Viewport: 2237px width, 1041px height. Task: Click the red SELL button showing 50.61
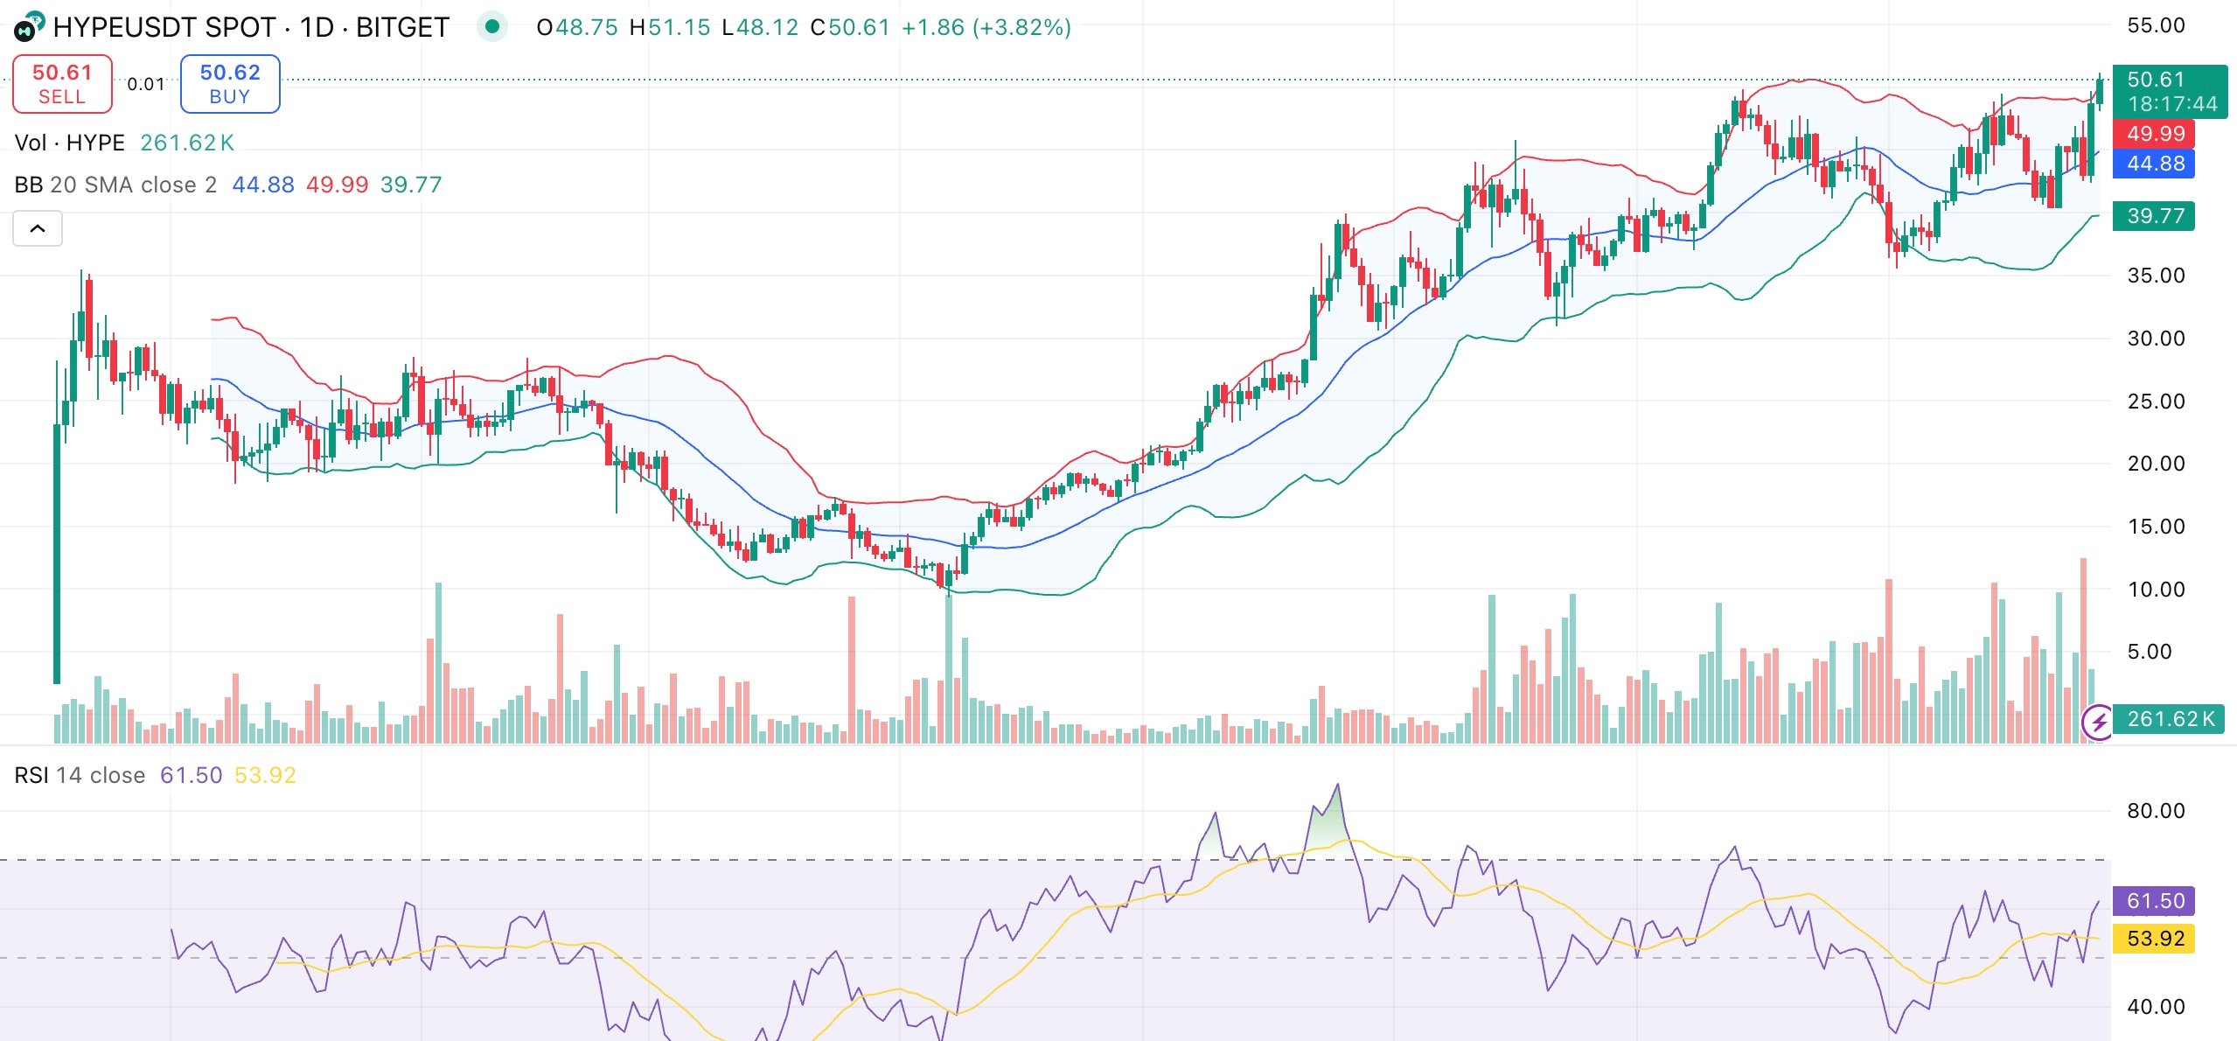[x=62, y=84]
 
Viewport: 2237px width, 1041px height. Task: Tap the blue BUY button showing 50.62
[x=230, y=84]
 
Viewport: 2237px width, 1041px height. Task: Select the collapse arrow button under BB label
[x=38, y=228]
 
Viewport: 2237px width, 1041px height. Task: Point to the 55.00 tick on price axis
[x=2155, y=25]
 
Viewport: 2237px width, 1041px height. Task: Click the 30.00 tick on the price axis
[x=2155, y=339]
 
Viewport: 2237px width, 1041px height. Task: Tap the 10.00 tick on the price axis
[x=2155, y=590]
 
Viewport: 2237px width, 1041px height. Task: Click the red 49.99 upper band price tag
[x=2155, y=134]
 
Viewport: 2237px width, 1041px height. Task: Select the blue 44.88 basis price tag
[x=2155, y=164]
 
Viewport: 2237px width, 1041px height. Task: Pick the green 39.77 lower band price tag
[x=2155, y=216]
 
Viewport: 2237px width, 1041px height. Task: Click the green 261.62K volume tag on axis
[x=2169, y=719]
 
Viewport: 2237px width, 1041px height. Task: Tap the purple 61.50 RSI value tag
[x=2155, y=901]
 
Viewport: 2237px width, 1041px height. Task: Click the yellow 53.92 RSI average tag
[x=2155, y=939]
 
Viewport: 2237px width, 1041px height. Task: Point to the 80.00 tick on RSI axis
[x=2155, y=811]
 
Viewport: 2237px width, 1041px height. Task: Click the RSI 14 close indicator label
[x=80, y=776]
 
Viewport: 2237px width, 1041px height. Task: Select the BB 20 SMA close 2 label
[x=115, y=185]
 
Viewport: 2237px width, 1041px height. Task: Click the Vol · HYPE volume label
[x=70, y=143]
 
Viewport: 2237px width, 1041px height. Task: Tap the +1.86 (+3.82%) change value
[x=986, y=28]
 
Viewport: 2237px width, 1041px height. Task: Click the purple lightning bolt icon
[x=2098, y=723]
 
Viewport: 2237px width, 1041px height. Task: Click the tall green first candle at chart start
[x=57, y=551]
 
